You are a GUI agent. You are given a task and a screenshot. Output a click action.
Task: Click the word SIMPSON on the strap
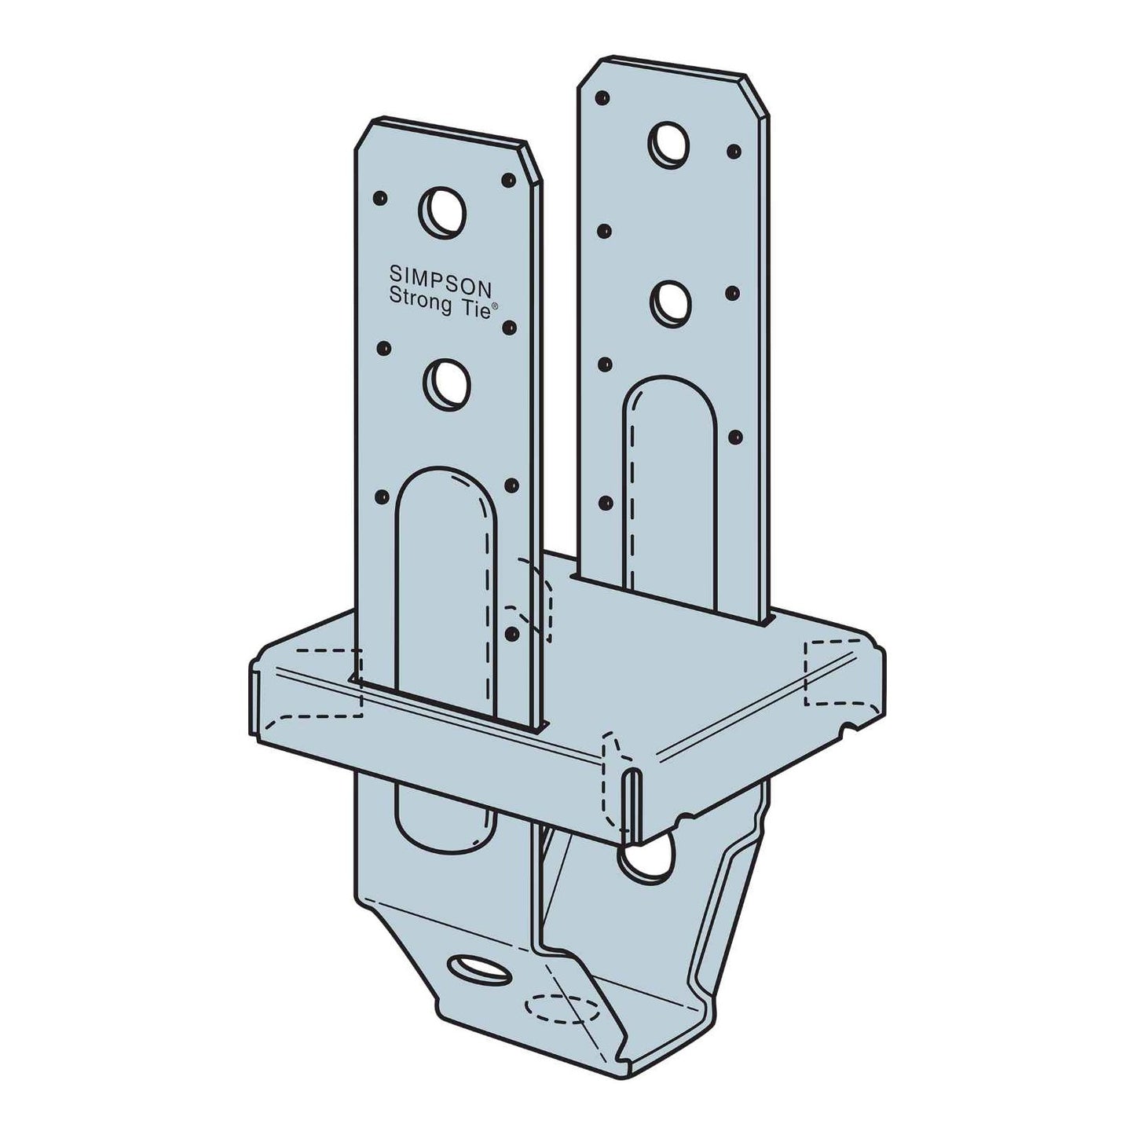click(441, 279)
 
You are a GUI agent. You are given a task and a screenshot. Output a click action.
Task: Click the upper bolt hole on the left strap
click(441, 213)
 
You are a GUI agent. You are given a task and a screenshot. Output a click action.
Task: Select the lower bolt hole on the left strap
click(446, 385)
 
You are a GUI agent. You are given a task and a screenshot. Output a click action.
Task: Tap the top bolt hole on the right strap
click(668, 142)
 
